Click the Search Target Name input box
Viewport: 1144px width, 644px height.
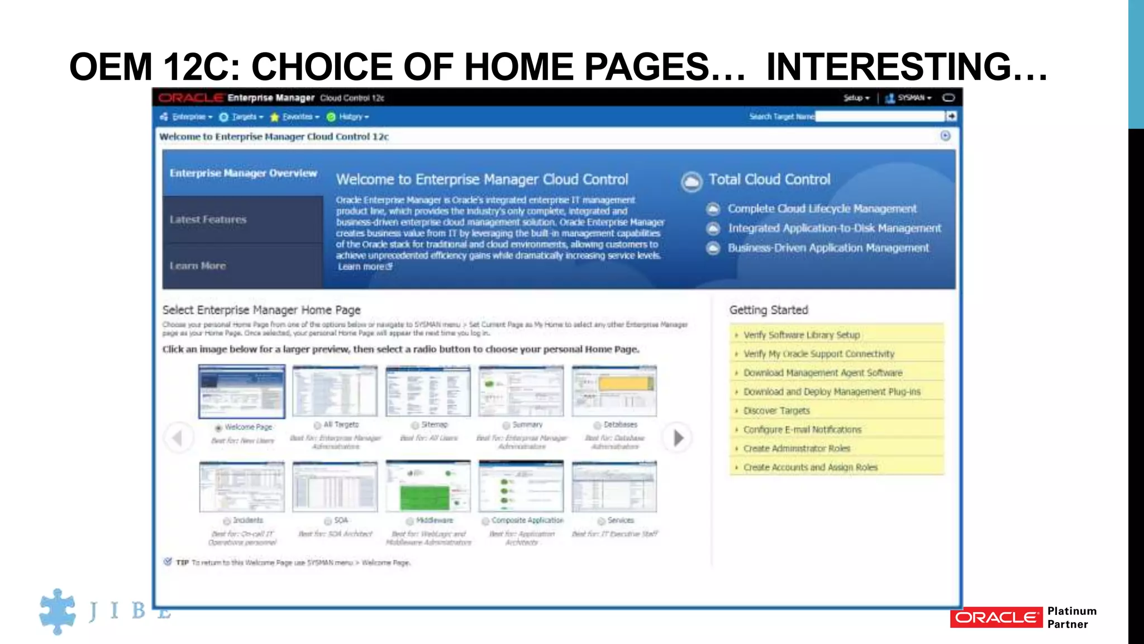click(880, 116)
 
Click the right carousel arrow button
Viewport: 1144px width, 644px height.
click(678, 438)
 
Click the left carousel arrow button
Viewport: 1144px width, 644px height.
click(178, 438)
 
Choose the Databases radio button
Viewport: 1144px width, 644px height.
click(597, 425)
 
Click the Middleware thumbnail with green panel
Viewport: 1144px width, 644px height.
click(428, 486)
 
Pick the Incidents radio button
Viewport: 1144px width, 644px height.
click(227, 521)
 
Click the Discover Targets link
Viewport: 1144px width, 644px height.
click(776, 411)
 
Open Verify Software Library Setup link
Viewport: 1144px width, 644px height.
click(801, 335)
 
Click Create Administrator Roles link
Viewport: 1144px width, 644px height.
click(796, 449)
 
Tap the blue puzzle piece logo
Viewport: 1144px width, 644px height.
click(57, 611)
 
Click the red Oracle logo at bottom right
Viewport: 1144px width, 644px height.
click(996, 617)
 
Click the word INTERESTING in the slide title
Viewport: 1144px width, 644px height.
click(888, 67)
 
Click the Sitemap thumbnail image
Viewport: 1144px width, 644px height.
click(428, 391)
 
